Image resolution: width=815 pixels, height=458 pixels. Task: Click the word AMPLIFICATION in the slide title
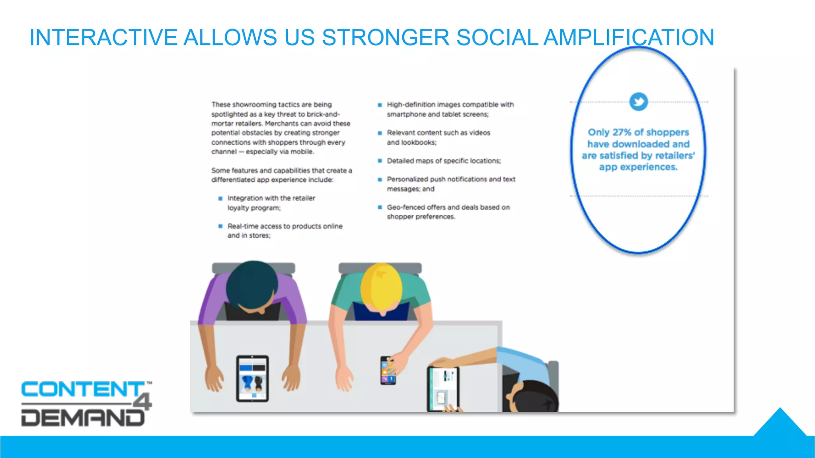(x=629, y=38)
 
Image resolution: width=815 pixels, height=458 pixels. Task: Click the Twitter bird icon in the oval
(x=639, y=102)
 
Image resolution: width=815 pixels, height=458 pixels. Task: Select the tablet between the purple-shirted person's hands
(x=252, y=378)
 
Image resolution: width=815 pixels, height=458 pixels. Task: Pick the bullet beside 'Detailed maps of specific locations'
(x=380, y=161)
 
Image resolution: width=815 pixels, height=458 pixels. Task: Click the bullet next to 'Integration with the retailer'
(x=220, y=198)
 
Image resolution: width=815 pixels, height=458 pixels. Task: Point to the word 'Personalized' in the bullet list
(x=407, y=179)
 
